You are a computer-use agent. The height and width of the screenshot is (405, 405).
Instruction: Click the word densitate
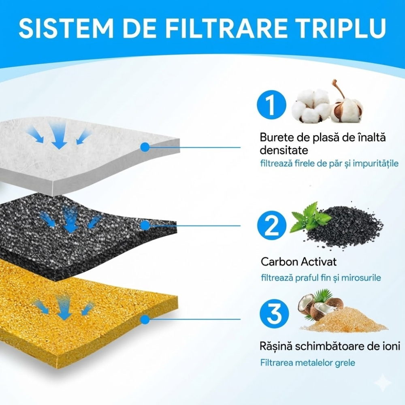(x=284, y=151)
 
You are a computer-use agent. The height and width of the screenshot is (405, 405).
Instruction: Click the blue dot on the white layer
(x=145, y=147)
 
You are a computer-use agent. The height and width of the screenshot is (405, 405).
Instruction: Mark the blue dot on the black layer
(x=145, y=225)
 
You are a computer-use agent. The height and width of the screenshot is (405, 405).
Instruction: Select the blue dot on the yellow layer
(x=145, y=320)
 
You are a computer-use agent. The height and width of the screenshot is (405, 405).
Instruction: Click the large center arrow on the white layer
(x=59, y=136)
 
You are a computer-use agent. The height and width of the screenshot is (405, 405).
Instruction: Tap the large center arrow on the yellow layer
(x=64, y=308)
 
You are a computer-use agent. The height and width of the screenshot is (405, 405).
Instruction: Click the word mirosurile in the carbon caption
(x=360, y=278)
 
